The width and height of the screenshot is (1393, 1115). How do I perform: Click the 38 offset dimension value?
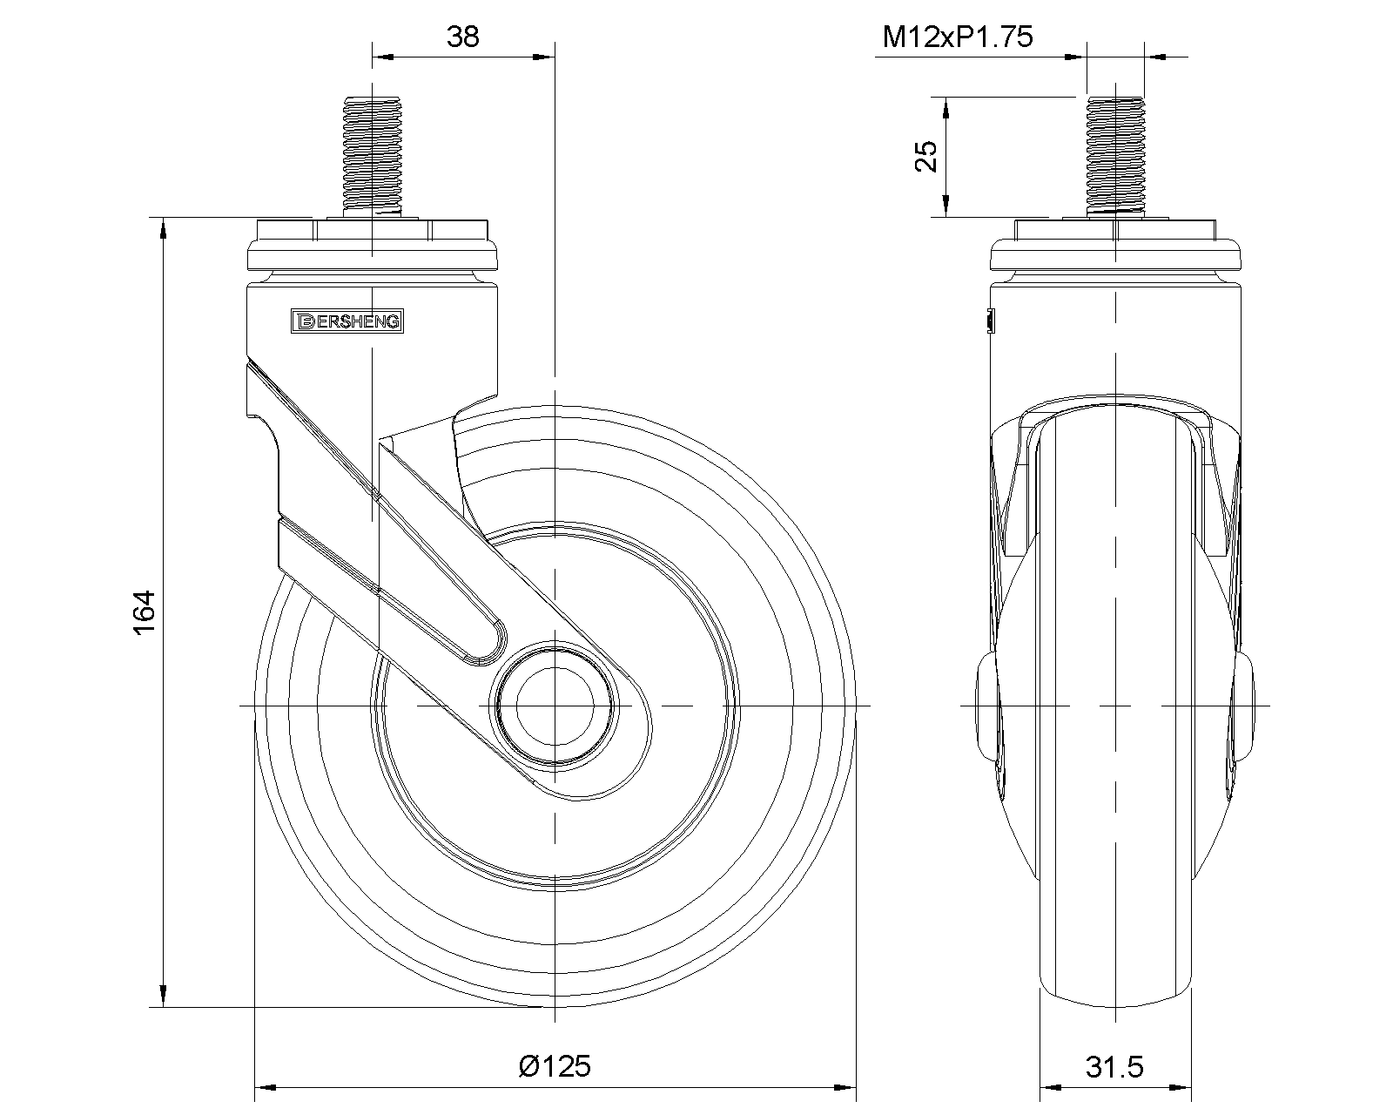pyautogui.click(x=463, y=37)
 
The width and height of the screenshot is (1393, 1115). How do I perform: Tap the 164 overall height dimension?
pyautogui.click(x=145, y=612)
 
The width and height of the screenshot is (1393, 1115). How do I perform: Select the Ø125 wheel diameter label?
pyautogui.click(x=555, y=1066)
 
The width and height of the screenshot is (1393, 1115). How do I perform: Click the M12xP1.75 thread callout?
pyautogui.click(x=958, y=37)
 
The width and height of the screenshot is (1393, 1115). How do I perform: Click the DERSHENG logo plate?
pyautogui.click(x=347, y=321)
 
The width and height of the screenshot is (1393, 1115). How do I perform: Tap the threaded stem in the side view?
pyautogui.click(x=1115, y=156)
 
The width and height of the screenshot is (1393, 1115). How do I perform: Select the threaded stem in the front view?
pyautogui.click(x=373, y=156)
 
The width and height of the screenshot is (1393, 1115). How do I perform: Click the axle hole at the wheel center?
pyautogui.click(x=555, y=706)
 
